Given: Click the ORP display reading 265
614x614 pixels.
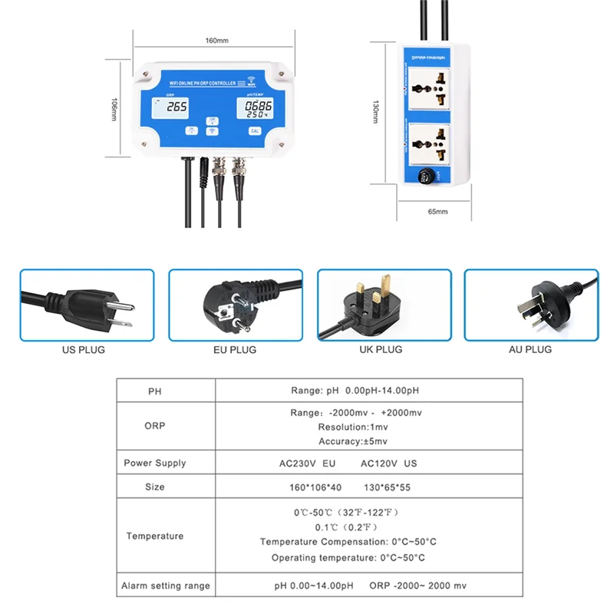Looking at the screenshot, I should (177, 108).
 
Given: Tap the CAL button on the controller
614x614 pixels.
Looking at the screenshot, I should (255, 131).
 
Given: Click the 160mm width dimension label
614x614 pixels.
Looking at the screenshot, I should (217, 41).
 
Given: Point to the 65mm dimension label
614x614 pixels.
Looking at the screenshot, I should (437, 210).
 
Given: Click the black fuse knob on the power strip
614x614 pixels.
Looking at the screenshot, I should (425, 177).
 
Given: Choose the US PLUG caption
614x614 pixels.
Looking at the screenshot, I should (84, 349).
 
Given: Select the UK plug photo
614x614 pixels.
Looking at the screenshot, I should (381, 305).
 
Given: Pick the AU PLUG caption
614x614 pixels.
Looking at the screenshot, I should (530, 349).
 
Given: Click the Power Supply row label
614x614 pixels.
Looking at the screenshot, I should (155, 463).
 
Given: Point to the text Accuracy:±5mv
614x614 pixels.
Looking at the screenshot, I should (353, 441).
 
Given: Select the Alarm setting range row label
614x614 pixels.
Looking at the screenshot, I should (165, 586).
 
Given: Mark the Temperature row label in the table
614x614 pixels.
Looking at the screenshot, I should (155, 536).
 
